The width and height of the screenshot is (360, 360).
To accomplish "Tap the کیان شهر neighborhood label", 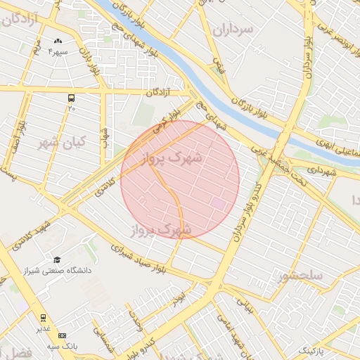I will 61,143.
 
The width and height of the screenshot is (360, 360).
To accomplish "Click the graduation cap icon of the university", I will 57,259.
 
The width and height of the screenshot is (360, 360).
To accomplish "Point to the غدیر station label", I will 44,328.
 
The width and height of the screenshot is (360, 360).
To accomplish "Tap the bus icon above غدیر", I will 44,318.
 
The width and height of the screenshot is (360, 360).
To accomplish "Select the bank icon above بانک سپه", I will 63,336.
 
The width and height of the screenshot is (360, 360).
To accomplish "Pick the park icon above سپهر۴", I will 58,42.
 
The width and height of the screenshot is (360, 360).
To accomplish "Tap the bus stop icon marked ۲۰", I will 71,98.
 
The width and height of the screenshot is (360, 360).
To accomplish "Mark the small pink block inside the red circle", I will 219,203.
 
